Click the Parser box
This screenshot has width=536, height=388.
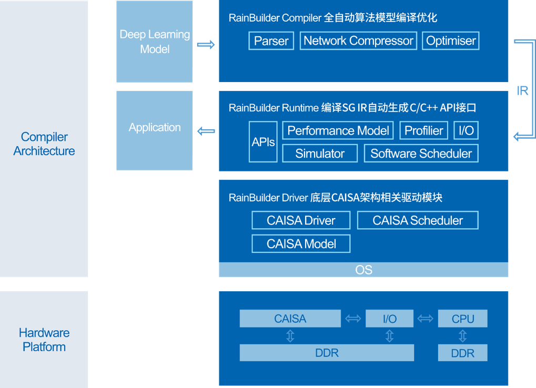pyautogui.click(x=271, y=41)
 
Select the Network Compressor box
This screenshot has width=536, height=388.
pyautogui.click(x=358, y=41)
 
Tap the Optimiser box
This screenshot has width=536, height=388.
pyautogui.click(x=451, y=41)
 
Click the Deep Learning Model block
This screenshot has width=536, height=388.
pyautogui.click(x=155, y=42)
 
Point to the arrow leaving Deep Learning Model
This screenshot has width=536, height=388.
pyautogui.click(x=206, y=45)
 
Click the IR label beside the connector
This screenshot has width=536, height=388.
pyautogui.click(x=522, y=91)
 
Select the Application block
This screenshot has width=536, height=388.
pyautogui.click(x=155, y=128)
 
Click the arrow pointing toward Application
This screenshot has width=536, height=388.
pyautogui.click(x=206, y=131)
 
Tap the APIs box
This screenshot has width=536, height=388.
pyautogui.click(x=263, y=142)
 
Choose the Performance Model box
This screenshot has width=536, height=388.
pyautogui.click(x=338, y=130)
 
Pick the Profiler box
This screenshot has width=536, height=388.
pyautogui.click(x=423, y=130)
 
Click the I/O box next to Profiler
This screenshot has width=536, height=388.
pyautogui.click(x=466, y=130)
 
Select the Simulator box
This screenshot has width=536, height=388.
pyautogui.click(x=320, y=154)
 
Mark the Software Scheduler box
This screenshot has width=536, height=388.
pyautogui.click(x=421, y=154)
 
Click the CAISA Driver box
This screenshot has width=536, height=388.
pyautogui.click(x=301, y=220)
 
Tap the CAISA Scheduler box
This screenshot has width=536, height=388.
pyautogui.click(x=418, y=220)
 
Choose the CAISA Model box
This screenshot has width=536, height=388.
pyautogui.click(x=301, y=244)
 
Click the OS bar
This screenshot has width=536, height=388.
pyautogui.click(x=363, y=270)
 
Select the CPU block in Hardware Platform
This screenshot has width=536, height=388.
pyautogui.click(x=463, y=319)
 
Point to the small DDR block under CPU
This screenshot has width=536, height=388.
pyautogui.click(x=463, y=353)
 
